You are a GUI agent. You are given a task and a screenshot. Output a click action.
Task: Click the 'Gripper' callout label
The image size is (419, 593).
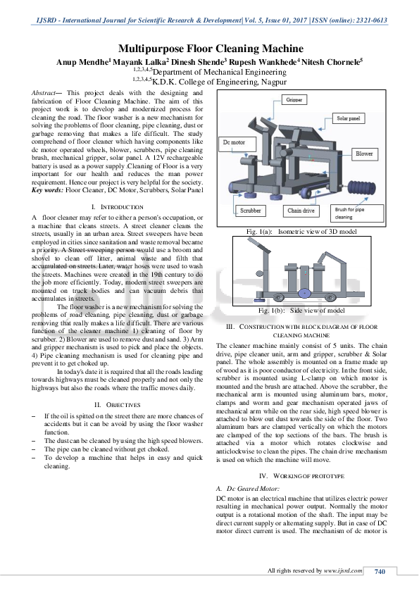point(296,101)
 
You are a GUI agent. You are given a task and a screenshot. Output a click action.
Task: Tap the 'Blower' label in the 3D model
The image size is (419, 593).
point(364,153)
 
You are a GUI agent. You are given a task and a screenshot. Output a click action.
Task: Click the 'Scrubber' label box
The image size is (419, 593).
point(251,210)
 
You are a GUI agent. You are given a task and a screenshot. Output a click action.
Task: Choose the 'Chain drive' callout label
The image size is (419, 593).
point(301,210)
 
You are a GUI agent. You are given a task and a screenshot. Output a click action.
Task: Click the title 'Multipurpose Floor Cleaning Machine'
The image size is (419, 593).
point(210,49)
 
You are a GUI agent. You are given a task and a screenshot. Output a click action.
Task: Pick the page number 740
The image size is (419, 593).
point(380,570)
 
